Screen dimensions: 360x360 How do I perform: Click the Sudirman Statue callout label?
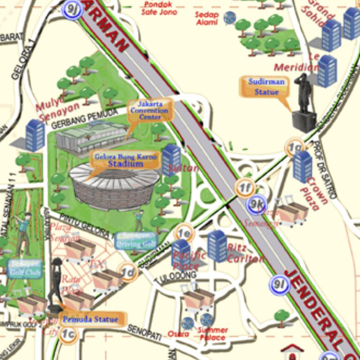point(263,87)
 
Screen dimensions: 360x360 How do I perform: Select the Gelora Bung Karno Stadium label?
point(125,160)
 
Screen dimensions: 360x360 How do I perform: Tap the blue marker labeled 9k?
point(257,204)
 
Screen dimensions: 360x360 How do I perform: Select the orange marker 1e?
point(184,233)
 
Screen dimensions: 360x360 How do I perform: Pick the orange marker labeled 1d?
point(127,272)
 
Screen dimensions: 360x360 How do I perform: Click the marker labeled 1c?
point(69,335)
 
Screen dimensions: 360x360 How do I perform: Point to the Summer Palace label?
point(213,334)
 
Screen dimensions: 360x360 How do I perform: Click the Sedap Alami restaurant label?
point(207,18)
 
